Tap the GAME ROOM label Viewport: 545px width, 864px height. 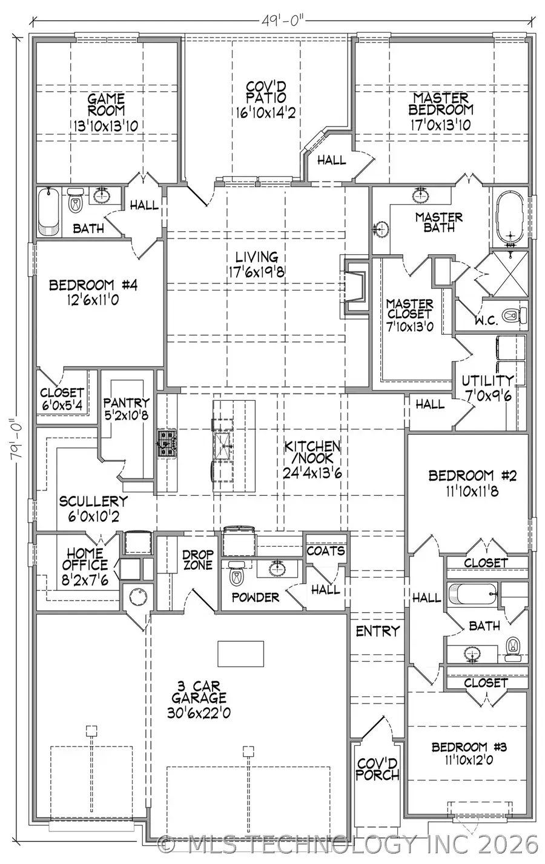(106, 104)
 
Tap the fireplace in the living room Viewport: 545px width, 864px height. (354, 286)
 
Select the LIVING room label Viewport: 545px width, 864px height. (257, 257)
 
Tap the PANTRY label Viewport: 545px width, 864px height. (126, 403)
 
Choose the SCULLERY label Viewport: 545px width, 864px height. (93, 501)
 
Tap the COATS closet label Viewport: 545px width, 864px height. (326, 551)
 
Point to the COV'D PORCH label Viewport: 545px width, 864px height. (377, 769)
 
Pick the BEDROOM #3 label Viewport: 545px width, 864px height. (469, 747)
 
